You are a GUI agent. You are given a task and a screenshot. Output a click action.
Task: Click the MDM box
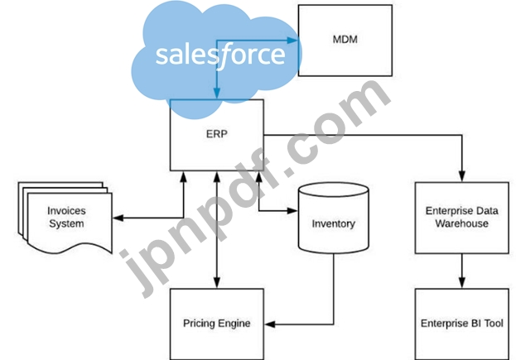click(x=345, y=40)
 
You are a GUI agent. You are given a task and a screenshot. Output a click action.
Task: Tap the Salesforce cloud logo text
click(x=219, y=55)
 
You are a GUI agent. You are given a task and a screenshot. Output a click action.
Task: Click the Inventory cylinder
click(x=333, y=223)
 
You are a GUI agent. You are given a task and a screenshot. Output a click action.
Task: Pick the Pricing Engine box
click(x=216, y=322)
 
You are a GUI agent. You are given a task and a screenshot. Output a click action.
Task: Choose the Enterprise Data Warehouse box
click(x=462, y=217)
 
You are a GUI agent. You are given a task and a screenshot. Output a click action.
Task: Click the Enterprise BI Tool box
click(x=462, y=322)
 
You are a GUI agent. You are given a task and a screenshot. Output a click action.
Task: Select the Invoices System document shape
click(x=67, y=217)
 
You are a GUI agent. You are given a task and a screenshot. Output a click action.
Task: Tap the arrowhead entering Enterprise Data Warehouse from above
click(x=462, y=176)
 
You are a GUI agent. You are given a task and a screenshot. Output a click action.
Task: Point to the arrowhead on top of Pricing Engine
click(x=216, y=283)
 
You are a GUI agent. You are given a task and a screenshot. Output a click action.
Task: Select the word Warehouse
click(x=462, y=223)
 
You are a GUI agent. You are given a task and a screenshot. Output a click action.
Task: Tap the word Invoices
click(x=67, y=211)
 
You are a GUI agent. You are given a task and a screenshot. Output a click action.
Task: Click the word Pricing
click(x=198, y=323)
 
